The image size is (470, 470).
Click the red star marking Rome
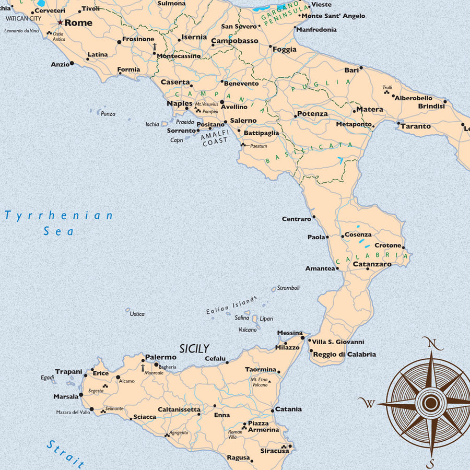tap(60, 22)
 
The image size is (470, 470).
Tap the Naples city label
tap(180, 103)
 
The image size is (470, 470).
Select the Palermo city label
tap(160, 357)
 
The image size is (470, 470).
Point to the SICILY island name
tap(194, 348)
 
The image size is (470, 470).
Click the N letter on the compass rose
tap(432, 343)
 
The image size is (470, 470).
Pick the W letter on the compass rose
tap(369, 403)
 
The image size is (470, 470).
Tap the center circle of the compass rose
tap(431, 403)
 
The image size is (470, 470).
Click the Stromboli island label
tap(288, 288)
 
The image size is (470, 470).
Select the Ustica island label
tap(137, 314)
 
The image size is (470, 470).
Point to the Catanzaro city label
tap(372, 264)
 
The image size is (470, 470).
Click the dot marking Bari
tap(361, 67)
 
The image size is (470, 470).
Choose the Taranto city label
tap(416, 126)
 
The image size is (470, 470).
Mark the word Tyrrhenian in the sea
tap(58, 215)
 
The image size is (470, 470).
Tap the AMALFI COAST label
tap(215, 137)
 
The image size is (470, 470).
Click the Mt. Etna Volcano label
tap(259, 382)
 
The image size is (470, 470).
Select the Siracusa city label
tap(274, 451)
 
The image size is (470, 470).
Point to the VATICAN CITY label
tap(23, 18)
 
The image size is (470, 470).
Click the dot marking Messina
tap(302, 338)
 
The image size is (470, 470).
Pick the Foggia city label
tap(284, 50)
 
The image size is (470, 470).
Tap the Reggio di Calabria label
tap(344, 354)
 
